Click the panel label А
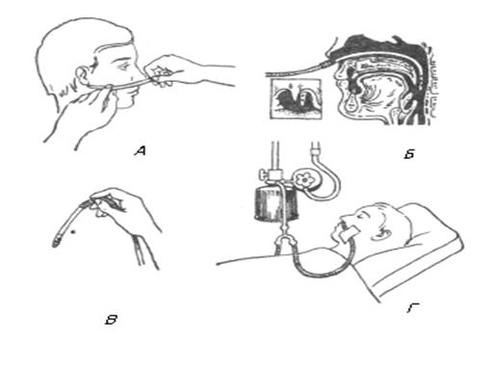point(140,150)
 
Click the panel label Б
point(409,154)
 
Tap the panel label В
point(112,320)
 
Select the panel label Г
point(413,308)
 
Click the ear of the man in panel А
point(83,76)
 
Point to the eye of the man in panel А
point(122,67)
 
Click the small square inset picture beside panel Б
point(295,98)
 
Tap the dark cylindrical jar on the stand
point(276,203)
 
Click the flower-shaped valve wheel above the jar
point(303,179)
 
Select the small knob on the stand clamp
point(261,175)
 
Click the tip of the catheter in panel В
point(56,244)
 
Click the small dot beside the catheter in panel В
point(74,231)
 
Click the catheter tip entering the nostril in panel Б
point(330,63)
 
